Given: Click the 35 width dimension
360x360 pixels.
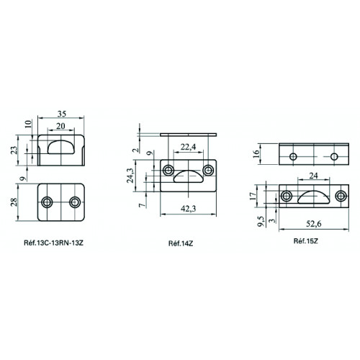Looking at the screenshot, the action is pos(62,114).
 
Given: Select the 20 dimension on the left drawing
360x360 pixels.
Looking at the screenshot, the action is pos(60,126).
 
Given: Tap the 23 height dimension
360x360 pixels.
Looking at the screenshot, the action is pos(14,150).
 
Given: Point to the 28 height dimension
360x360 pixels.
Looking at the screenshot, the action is pos(14,202).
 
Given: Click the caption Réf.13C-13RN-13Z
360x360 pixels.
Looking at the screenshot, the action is pos(53,243).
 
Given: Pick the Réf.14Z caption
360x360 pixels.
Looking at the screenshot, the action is pos(181,243).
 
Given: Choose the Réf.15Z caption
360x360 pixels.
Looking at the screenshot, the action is pos(306,241).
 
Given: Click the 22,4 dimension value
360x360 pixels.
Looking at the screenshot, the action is pos(188,147).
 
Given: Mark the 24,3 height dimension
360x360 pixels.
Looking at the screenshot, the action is pos(130,176).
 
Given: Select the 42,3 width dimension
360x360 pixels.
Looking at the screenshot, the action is pos(188,209).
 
